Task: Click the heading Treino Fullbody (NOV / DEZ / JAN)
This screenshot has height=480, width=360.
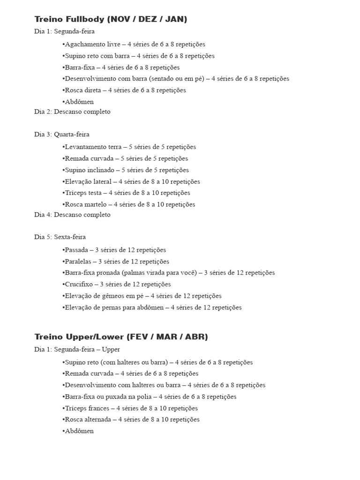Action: coord(111,19)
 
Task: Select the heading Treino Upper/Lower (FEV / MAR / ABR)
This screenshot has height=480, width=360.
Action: coord(121,337)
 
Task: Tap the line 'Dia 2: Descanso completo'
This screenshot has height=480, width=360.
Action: coord(72,112)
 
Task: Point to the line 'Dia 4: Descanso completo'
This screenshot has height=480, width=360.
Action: coord(72,215)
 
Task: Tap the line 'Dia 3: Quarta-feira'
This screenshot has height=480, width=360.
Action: coord(62,135)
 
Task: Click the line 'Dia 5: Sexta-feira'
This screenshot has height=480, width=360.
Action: coord(60,237)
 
